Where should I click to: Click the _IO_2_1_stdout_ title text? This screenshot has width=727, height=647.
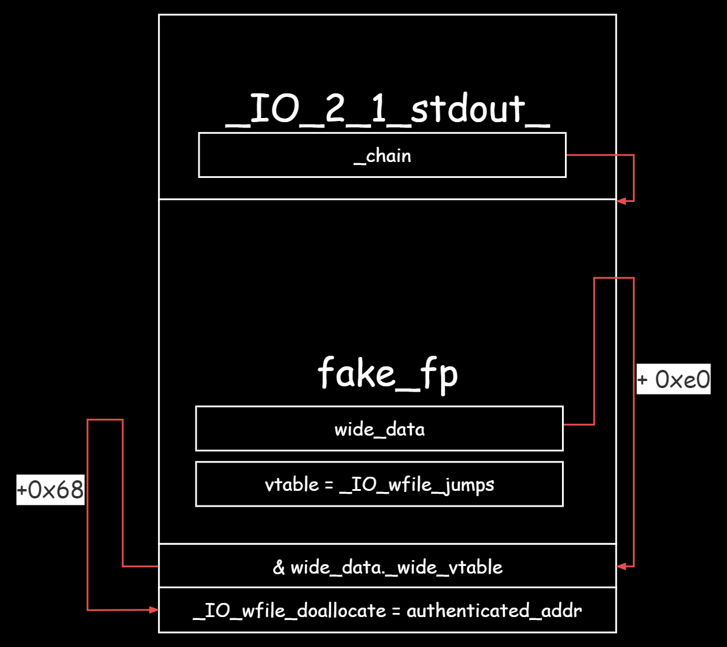pos(388,109)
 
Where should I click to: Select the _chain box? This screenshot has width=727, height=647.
pos(382,156)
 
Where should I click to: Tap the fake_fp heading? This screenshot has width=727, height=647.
pos(388,373)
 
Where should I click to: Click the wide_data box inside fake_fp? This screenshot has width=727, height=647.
pos(379,429)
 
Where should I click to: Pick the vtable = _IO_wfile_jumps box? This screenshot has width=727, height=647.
pos(379,484)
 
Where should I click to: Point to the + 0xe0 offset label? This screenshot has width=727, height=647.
pos(674,379)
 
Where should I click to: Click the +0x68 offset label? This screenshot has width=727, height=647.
pos(51,490)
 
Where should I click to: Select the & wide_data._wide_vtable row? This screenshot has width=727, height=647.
pos(388,567)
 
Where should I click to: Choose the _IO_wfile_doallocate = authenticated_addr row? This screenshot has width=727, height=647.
pos(388,611)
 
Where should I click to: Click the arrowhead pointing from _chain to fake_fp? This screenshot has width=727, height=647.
pos(621,201)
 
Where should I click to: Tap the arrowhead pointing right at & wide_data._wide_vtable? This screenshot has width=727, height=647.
pos(621,566)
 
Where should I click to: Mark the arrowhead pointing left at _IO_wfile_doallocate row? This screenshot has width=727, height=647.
pos(154,610)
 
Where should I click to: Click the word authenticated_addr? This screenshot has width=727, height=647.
pos(494,611)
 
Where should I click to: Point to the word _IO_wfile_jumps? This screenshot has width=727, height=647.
pos(417,485)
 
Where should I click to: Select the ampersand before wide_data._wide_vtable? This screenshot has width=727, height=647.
pos(279,567)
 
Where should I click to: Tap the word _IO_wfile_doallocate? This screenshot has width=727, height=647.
pos(290,611)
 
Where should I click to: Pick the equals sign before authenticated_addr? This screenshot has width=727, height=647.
pos(396,611)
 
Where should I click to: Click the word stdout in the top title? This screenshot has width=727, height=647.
pos(467,109)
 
